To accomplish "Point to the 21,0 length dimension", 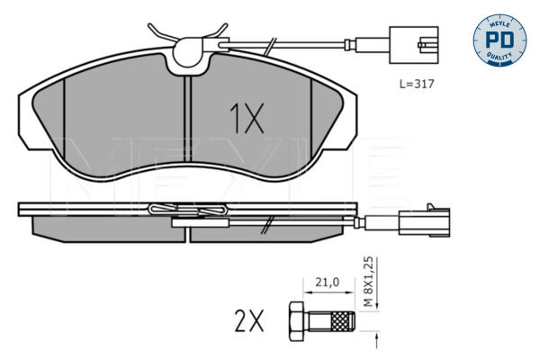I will [327, 283].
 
